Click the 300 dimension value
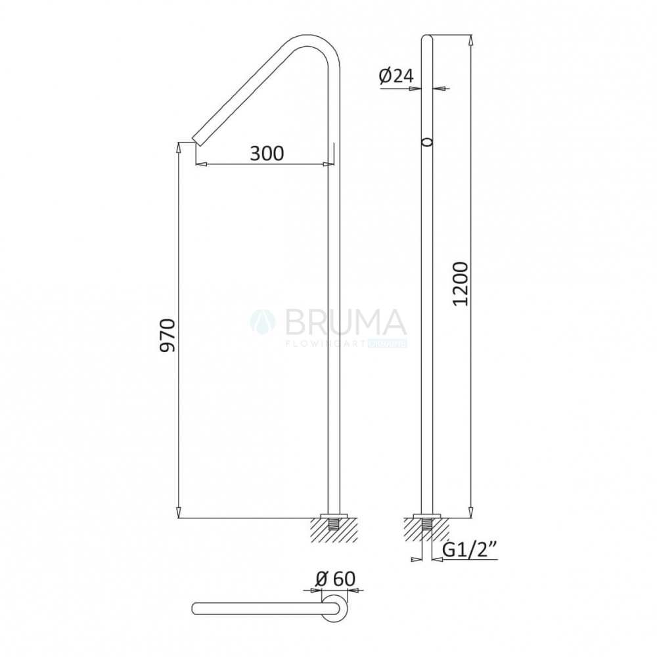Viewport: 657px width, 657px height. coord(267,154)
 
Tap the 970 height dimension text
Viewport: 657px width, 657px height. coord(168,336)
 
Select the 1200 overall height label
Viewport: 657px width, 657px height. coord(461,284)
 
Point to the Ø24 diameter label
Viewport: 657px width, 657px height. coord(396,76)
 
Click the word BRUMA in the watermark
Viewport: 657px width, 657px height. coord(345,322)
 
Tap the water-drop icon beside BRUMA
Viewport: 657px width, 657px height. coord(263,322)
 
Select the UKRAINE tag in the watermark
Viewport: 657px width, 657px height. coord(387,344)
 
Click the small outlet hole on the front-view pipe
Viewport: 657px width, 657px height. coord(426,143)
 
